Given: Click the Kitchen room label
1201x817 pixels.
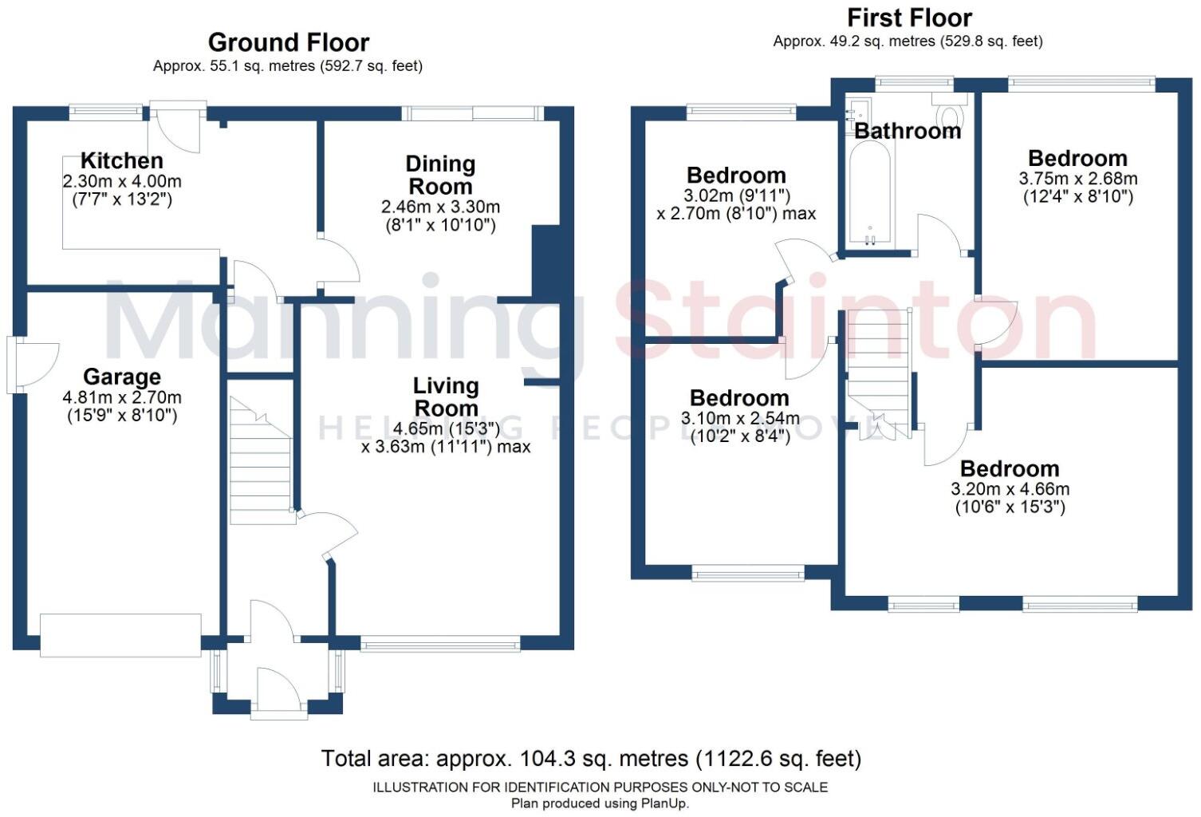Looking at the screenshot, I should pyautogui.click(x=121, y=160).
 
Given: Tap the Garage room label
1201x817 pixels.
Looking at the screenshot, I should pyautogui.click(x=122, y=377).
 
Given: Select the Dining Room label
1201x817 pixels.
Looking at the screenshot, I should pyautogui.click(x=440, y=175).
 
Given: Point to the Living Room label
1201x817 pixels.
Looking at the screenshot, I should pyautogui.click(x=445, y=397).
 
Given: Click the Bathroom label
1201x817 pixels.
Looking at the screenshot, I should pyautogui.click(x=908, y=131).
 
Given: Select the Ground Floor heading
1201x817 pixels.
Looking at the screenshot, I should pyautogui.click(x=288, y=42).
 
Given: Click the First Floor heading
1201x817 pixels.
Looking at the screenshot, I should pyautogui.click(x=909, y=18).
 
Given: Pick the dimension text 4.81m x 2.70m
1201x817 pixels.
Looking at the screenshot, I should pyautogui.click(x=122, y=397).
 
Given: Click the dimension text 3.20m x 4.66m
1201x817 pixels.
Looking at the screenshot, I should pyautogui.click(x=1010, y=489).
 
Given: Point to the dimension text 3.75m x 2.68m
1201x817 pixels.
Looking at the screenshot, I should pyautogui.click(x=1077, y=179).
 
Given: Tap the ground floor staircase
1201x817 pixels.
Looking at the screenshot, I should pyautogui.click(x=261, y=463).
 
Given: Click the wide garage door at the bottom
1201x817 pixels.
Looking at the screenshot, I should pyautogui.click(x=120, y=635).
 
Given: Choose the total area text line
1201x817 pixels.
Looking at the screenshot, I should pyautogui.click(x=591, y=758).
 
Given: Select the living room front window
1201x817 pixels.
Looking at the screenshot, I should pyautogui.click(x=440, y=644).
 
